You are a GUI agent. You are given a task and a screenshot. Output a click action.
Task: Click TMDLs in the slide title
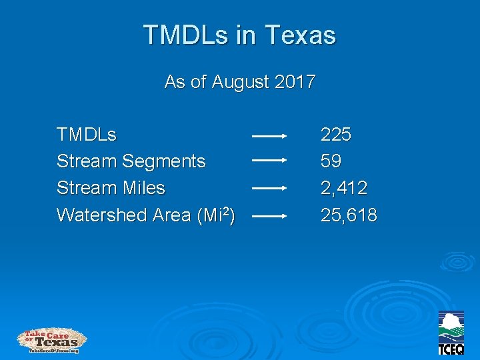(189, 35)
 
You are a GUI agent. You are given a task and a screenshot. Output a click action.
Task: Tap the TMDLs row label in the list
(87, 135)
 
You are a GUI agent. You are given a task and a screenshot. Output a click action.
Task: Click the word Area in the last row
(171, 215)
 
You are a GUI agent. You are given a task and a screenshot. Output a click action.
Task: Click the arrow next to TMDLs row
(269, 135)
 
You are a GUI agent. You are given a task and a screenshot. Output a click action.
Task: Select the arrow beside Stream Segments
(269, 161)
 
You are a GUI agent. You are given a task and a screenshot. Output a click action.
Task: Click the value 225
(336, 135)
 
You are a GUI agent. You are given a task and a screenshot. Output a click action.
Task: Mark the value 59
(331, 161)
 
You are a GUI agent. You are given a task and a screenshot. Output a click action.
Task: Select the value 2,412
(344, 189)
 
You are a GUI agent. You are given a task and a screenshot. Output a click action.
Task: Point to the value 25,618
(349, 215)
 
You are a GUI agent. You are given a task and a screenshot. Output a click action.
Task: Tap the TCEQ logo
(451, 333)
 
